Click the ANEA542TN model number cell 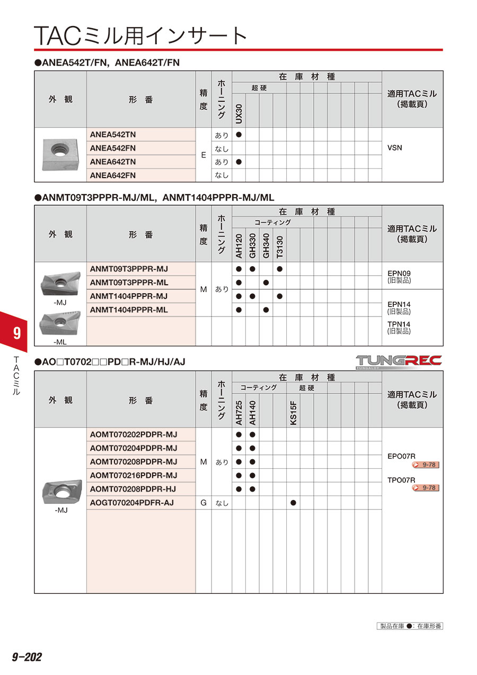(x=113, y=135)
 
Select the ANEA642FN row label (x=113, y=175)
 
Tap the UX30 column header (x=238, y=111)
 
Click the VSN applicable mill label (x=395, y=148)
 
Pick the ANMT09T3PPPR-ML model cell (x=129, y=282)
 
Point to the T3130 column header (x=280, y=246)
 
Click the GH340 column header (x=266, y=246)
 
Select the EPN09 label (x=399, y=274)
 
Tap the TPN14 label (x=399, y=324)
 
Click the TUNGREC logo (x=399, y=361)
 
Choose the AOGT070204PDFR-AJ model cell (x=131, y=502)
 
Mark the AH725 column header (x=238, y=412)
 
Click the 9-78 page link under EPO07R (x=426, y=465)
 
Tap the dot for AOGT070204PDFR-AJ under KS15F (x=294, y=502)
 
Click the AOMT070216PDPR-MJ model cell (x=134, y=475)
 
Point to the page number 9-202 (x=26, y=657)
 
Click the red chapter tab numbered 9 (x=16, y=333)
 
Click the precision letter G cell (x=204, y=502)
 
